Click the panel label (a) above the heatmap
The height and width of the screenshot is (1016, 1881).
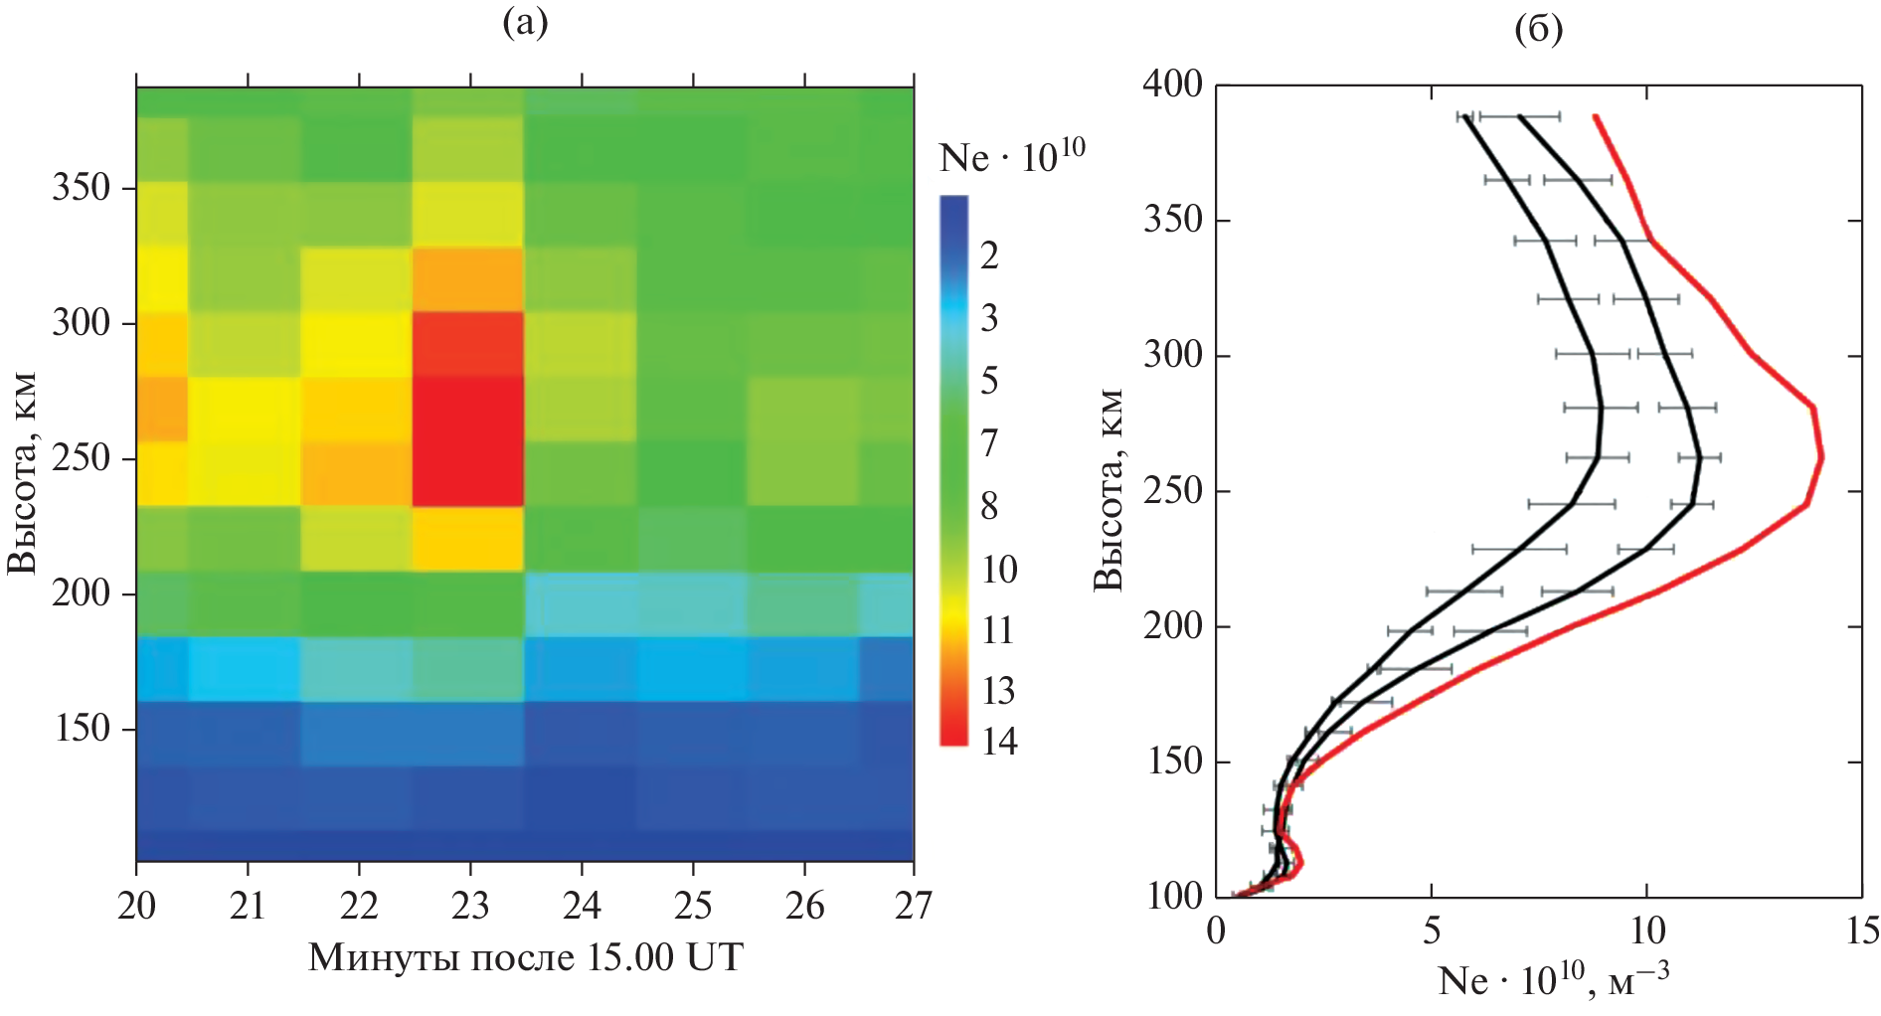click(525, 22)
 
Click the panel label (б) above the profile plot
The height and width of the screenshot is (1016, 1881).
click(1538, 29)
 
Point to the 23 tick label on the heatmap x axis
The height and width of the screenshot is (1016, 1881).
click(470, 906)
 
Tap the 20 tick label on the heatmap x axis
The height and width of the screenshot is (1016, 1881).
click(136, 906)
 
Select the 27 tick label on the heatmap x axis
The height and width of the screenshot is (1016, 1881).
click(914, 906)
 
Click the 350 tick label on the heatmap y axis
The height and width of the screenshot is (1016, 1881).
click(81, 188)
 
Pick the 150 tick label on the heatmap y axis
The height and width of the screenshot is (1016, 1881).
click(81, 729)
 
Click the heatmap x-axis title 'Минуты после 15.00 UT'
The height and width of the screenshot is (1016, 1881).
click(525, 957)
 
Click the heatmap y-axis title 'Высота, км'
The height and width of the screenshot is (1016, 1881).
click(22, 473)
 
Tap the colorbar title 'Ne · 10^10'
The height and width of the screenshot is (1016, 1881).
click(1011, 157)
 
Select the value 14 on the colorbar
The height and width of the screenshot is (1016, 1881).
click(999, 742)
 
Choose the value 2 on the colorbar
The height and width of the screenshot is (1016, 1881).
click(989, 255)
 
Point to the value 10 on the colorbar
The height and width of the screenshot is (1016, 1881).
click(999, 570)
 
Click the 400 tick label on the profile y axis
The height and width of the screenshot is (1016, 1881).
click(1172, 85)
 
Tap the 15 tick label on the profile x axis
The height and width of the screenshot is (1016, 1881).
click(1861, 931)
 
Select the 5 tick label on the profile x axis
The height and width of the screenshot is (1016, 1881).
click(1432, 931)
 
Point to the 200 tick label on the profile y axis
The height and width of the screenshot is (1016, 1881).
click(1172, 626)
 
